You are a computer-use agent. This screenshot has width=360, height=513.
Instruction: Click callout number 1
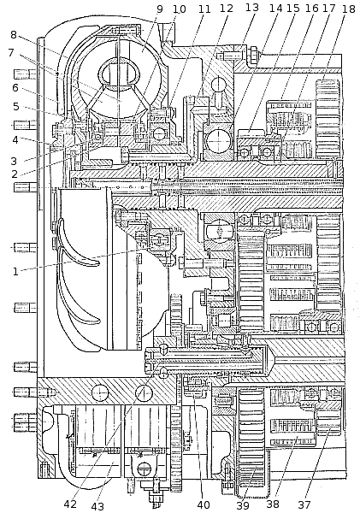point(15,272)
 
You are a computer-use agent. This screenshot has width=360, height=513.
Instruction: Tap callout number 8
point(14,34)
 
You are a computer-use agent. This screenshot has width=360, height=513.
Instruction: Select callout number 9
point(159,9)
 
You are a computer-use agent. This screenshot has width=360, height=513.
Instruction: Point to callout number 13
point(252,7)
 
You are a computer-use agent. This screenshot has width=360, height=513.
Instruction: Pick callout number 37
point(304,504)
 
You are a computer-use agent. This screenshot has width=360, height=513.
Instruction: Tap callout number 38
point(273,504)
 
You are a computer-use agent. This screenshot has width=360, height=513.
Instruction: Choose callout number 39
point(243,505)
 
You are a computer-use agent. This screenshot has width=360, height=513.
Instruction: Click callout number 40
point(204,504)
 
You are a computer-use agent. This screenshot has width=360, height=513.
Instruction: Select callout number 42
point(70,504)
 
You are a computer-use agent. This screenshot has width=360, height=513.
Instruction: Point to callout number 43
point(97,506)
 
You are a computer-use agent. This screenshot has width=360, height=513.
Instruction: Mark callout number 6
point(15,88)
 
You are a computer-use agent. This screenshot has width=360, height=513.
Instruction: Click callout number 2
point(14,174)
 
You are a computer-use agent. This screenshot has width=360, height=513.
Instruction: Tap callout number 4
point(15,139)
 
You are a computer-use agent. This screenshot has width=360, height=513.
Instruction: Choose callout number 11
point(204,9)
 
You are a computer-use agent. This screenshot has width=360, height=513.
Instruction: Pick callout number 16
point(311,8)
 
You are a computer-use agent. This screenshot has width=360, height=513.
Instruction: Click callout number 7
point(11,52)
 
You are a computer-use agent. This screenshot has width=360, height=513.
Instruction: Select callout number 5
point(15,107)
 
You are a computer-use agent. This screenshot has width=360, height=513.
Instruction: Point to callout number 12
point(227,9)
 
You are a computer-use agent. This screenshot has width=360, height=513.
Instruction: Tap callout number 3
point(14,161)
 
